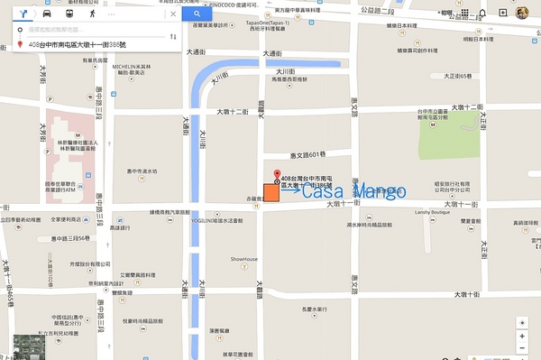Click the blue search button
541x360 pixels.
(x=197, y=14)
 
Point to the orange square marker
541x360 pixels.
(x=270, y=191)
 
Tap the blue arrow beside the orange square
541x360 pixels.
(x=289, y=190)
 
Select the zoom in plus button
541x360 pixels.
(x=522, y=336)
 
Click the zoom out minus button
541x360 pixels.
(x=522, y=348)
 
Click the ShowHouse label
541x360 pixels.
(x=243, y=259)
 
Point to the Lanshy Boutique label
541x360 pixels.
(x=432, y=212)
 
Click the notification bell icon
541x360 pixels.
(x=483, y=13)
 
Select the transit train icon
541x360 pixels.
(x=69, y=14)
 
